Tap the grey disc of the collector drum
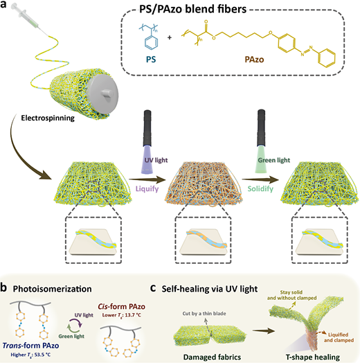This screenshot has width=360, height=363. [103, 93]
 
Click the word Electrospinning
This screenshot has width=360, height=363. [48, 118]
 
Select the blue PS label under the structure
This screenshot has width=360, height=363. [151, 60]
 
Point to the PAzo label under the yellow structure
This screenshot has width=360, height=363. [254, 60]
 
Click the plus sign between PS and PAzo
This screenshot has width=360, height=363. [170, 37]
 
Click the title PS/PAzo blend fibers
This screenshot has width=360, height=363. [192, 9]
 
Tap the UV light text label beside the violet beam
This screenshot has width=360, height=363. [156, 160]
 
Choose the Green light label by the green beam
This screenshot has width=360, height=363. [274, 160]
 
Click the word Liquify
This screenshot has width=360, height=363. [147, 188]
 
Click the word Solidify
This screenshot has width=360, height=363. [260, 188]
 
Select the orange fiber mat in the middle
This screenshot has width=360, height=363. [204, 184]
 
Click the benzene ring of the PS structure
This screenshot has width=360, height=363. [152, 42]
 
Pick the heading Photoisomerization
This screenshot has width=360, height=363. [53, 289]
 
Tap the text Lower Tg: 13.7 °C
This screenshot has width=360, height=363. [122, 315]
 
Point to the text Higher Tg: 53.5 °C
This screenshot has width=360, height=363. [30, 355]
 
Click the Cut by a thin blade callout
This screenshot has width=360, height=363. [204, 313]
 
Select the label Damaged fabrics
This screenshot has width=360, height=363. [212, 357]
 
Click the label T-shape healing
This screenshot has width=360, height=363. [313, 357]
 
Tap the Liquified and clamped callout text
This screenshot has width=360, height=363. [339, 337]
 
